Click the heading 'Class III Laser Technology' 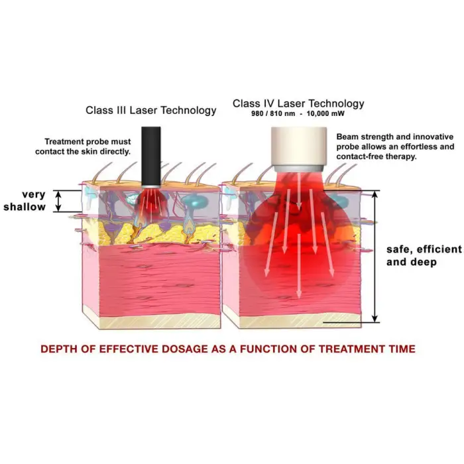click(x=150, y=110)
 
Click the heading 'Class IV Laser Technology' click(x=298, y=103)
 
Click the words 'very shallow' click(x=25, y=201)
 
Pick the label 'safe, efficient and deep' click(x=424, y=255)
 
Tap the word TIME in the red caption click(x=401, y=349)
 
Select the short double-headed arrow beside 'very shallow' click(x=59, y=201)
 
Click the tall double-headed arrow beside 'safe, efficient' click(x=376, y=255)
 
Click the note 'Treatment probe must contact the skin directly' click(x=87, y=146)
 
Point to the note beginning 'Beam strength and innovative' click(x=395, y=146)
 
